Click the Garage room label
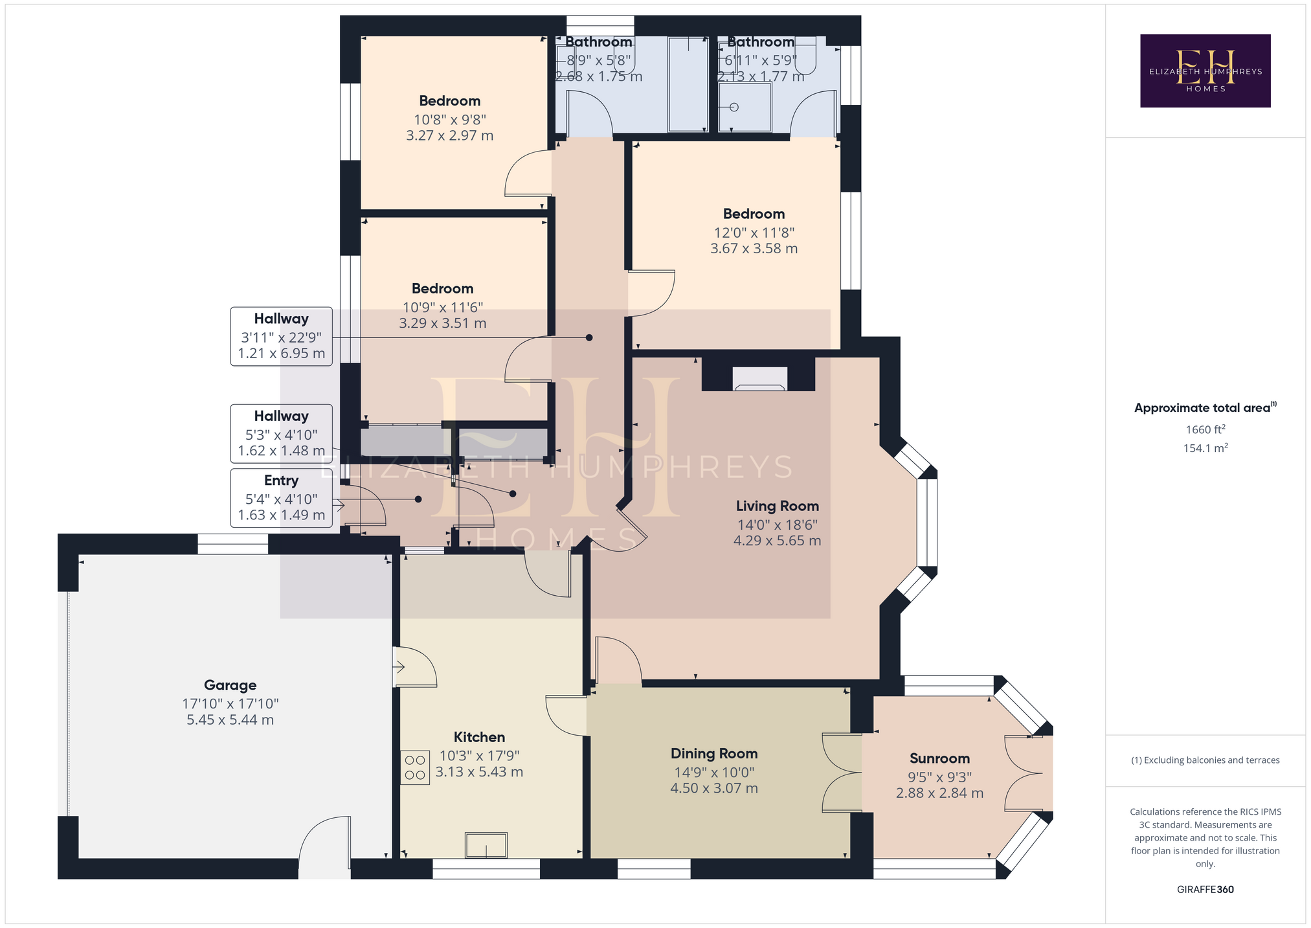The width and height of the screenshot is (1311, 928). (x=230, y=685)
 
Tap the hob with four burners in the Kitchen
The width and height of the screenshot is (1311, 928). (x=415, y=767)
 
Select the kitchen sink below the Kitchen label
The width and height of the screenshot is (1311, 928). (x=486, y=845)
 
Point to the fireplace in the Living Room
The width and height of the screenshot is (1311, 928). (x=759, y=379)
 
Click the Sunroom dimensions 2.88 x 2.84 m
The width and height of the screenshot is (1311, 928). (x=939, y=793)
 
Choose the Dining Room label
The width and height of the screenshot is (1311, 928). (x=714, y=753)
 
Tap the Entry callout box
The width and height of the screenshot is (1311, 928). (x=282, y=498)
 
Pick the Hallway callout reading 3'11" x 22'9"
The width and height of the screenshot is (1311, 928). (x=282, y=336)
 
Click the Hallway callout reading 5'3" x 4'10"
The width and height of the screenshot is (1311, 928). (x=282, y=434)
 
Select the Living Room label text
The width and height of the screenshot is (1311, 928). (x=777, y=506)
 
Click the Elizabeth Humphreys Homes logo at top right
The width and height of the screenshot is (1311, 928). (x=1205, y=71)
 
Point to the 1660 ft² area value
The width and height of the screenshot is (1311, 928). (x=1205, y=429)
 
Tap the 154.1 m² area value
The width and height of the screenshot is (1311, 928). (x=1205, y=447)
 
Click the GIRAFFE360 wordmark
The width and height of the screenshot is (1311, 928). (x=1205, y=889)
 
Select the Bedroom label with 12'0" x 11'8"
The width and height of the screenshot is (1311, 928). (x=754, y=214)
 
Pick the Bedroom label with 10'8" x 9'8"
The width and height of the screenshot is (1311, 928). (x=449, y=100)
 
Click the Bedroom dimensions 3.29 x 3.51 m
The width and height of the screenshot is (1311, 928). (x=442, y=323)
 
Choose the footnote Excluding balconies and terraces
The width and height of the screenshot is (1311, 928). (x=1205, y=760)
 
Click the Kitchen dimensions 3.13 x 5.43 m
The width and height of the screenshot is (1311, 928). (x=479, y=772)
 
